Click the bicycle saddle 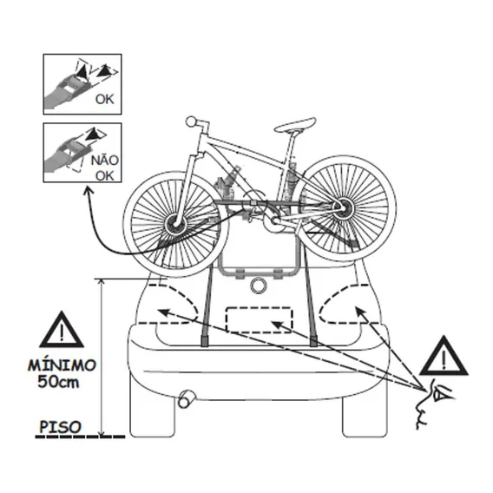click(295, 125)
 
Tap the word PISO click(60, 427)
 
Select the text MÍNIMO click(62, 365)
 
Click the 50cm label click(58, 382)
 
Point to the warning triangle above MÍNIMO click(62, 330)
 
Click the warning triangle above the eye click(444, 357)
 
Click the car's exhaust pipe click(186, 399)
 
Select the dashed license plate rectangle click(259, 319)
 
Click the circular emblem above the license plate click(259, 286)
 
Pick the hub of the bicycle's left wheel click(175, 223)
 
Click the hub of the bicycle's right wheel click(345, 207)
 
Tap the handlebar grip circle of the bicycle click(191, 122)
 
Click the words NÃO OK click(104, 168)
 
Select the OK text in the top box click(104, 99)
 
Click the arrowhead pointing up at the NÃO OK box click(89, 190)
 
